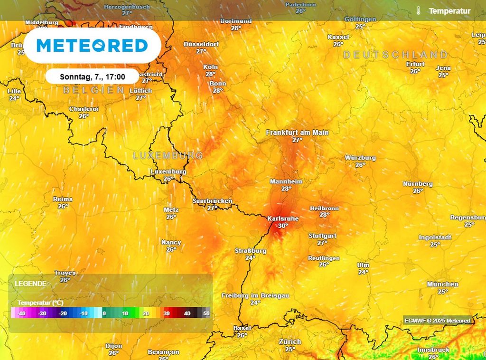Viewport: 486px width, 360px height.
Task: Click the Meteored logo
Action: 92,46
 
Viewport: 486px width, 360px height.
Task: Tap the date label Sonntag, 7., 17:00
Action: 93,76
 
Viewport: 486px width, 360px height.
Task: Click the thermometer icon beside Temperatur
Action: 419,10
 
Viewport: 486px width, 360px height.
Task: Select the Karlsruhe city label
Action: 283,218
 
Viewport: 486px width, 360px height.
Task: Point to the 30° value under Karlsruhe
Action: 283,226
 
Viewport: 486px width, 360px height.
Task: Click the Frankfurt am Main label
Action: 297,133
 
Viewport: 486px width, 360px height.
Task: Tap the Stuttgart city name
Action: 322,236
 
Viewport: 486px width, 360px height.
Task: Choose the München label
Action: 442,284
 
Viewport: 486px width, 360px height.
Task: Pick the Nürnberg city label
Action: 418,184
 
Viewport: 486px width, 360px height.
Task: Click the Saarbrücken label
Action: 212,201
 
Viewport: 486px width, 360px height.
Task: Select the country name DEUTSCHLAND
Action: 395,55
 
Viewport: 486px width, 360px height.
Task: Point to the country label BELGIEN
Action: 90,90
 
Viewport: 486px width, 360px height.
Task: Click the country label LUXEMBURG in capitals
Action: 168,155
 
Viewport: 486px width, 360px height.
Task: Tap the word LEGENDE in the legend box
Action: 30,284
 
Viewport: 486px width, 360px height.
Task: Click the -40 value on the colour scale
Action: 21,314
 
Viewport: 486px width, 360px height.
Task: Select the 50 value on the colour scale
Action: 206,314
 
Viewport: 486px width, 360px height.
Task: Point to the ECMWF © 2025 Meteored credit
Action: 437,321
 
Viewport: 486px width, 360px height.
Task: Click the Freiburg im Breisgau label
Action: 255,295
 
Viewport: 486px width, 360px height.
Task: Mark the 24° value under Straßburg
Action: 250,257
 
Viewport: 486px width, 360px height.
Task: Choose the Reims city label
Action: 63,199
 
